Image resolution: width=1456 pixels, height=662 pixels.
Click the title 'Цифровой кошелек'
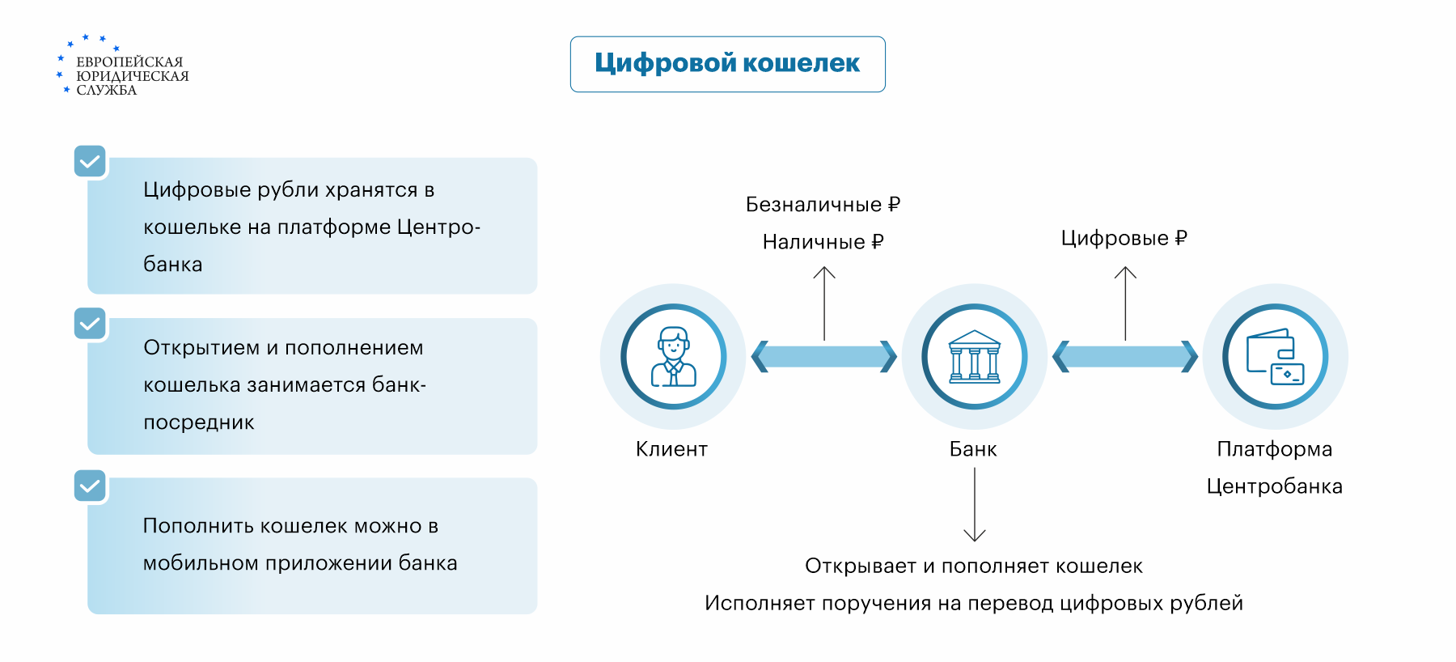(x=727, y=63)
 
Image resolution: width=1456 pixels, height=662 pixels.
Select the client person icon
(x=673, y=356)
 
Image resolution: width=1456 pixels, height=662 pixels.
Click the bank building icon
(x=974, y=356)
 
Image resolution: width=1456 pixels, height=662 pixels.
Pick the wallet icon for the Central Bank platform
(x=1275, y=356)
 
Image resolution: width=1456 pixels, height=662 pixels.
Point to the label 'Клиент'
(x=671, y=449)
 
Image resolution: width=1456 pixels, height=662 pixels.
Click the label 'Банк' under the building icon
(x=973, y=449)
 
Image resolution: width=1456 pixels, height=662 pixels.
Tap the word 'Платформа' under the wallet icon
(x=1274, y=449)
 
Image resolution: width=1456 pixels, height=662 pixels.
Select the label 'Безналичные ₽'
(x=823, y=205)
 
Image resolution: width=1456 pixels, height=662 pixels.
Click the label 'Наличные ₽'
(x=823, y=242)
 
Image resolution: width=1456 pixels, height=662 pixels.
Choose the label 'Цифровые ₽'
(x=1124, y=238)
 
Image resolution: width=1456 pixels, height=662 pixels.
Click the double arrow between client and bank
(x=823, y=356)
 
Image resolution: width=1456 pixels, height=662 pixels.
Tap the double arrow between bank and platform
(x=1124, y=356)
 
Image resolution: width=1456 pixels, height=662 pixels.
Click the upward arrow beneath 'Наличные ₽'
(x=824, y=303)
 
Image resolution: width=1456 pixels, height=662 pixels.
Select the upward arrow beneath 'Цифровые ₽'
(x=1125, y=303)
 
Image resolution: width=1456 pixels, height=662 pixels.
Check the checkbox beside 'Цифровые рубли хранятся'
(x=90, y=161)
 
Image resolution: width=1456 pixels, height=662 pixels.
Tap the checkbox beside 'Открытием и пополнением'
(x=90, y=323)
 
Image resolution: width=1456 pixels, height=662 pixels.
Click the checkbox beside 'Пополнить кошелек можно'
(x=90, y=486)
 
